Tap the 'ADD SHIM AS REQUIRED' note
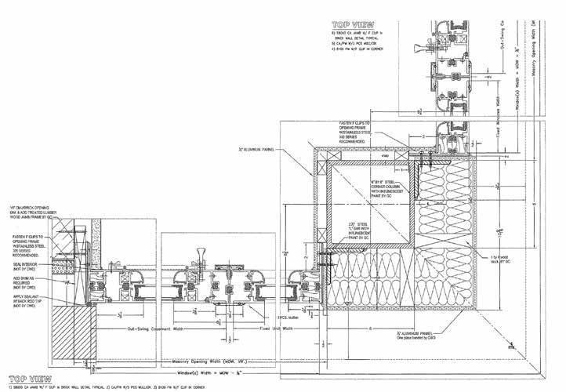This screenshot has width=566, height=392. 24,280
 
